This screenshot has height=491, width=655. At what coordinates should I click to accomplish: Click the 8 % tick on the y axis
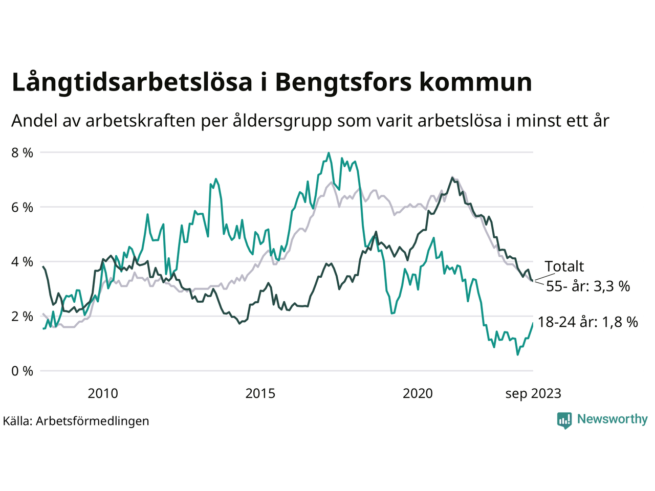[x=22, y=153]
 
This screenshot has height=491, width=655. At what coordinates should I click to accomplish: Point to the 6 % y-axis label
[x=22, y=208]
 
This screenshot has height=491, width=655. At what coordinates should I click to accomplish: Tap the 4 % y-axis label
[x=22, y=262]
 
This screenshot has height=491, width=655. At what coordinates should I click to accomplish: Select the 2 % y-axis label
[x=22, y=317]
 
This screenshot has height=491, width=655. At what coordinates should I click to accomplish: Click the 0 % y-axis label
[x=22, y=371]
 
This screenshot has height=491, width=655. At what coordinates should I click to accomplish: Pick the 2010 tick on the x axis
[x=103, y=393]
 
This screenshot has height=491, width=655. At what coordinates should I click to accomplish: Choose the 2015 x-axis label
[x=260, y=393]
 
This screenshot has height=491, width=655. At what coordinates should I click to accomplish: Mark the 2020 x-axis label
[x=418, y=393]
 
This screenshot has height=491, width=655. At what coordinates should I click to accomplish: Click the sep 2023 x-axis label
[x=533, y=393]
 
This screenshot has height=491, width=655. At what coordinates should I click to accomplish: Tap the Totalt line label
[x=564, y=266]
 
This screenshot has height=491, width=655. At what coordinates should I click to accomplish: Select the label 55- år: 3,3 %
[x=588, y=286]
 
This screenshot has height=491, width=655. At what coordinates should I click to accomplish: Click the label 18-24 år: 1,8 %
[x=588, y=322]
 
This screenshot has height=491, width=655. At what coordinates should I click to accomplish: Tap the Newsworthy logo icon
[x=564, y=420]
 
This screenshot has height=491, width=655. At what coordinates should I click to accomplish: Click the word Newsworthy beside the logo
[x=612, y=419]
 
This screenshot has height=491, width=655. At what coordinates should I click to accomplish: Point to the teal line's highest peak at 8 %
[x=329, y=153]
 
